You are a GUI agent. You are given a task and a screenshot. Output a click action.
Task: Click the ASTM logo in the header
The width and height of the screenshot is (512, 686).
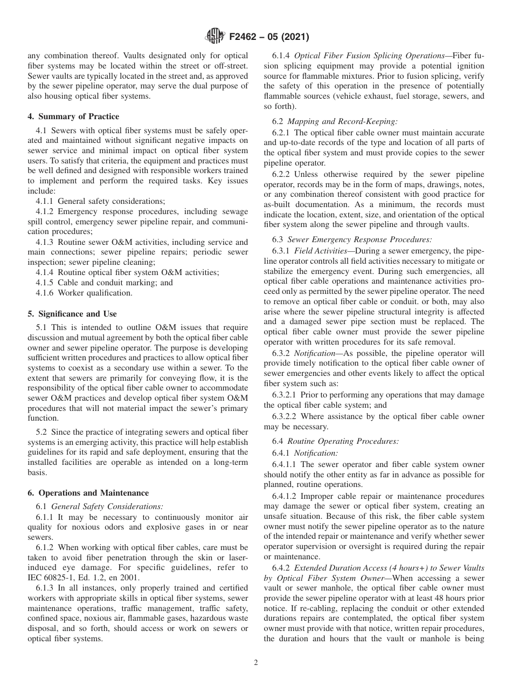coord(215,37)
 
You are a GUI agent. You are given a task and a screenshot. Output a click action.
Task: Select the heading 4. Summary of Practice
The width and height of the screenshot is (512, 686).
coord(73,116)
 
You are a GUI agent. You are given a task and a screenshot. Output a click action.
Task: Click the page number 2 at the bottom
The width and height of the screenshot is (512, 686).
coord(256,663)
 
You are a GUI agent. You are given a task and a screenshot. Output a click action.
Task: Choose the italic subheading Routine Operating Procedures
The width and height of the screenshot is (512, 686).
coord(343,441)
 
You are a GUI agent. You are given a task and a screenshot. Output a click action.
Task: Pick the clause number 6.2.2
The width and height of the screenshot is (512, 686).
coord(282,175)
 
